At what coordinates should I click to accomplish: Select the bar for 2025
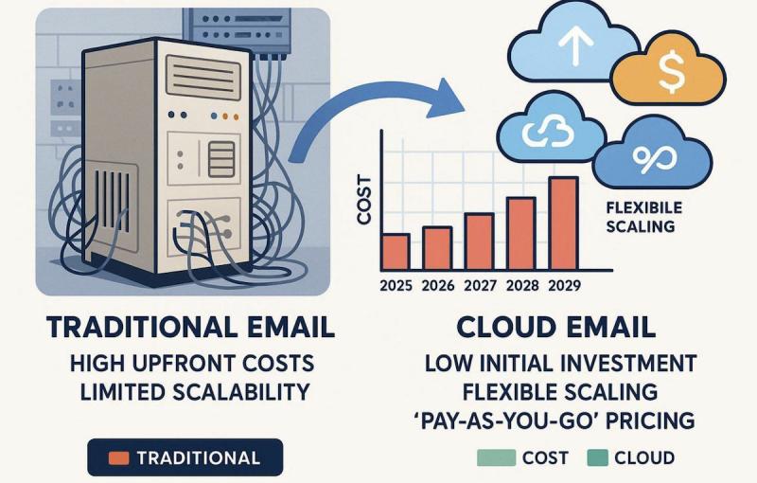coord(396,252)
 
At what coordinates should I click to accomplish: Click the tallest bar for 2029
coord(564,224)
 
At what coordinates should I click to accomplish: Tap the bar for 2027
coord(480,241)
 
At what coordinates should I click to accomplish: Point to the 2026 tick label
coord(438,285)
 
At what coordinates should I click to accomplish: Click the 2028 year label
coord(522,285)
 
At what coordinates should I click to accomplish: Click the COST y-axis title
coord(364,201)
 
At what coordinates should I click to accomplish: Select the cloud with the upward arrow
coord(573,45)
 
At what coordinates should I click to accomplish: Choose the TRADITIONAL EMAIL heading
coord(191,327)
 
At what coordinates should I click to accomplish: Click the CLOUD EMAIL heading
coord(555,327)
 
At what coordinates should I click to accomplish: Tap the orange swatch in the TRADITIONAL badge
coord(118,457)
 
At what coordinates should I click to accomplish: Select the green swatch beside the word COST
coord(496,457)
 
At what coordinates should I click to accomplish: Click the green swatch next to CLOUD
coord(597,457)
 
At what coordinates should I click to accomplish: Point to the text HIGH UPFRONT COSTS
coord(192,364)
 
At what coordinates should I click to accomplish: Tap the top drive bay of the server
coord(202,77)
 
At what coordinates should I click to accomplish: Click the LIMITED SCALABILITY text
coord(194,392)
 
